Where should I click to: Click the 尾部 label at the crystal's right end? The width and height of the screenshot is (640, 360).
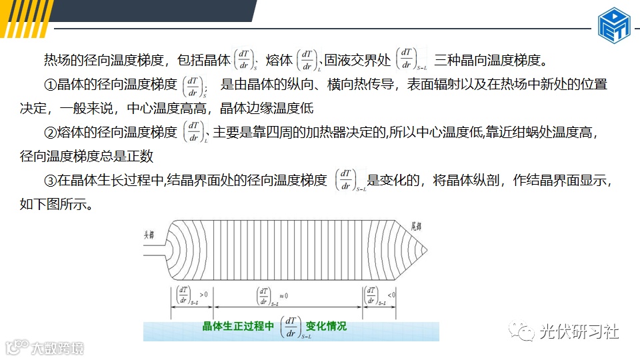pyautogui.click(x=417, y=227)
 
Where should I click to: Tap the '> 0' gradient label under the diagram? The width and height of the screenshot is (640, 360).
pyautogui.click(x=203, y=294)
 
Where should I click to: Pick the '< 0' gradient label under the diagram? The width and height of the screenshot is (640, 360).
pyautogui.click(x=391, y=294)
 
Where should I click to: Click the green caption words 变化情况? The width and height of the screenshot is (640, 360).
pyautogui.click(x=326, y=327)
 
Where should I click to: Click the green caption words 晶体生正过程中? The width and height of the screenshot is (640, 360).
pyautogui.click(x=238, y=327)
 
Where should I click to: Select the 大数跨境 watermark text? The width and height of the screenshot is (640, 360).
pyautogui.click(x=59, y=348)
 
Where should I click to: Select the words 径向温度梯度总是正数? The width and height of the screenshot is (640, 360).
pyautogui.click(x=87, y=156)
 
